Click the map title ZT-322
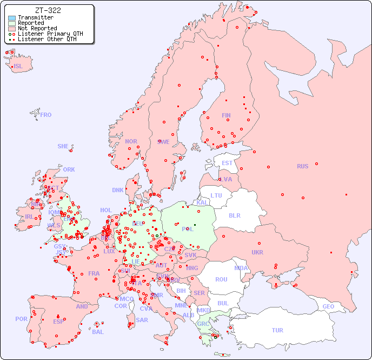tap(48, 10)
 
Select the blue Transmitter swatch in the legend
tap(12, 18)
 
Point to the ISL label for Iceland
tap(18, 67)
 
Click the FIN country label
tap(226, 115)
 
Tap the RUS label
tap(302, 166)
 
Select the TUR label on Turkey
tap(277, 330)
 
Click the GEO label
tap(328, 306)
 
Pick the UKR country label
tap(257, 252)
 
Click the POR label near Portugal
tap(21, 319)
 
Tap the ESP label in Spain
tap(58, 321)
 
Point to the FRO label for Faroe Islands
tap(46, 115)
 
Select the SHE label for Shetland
tap(63, 146)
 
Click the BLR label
tap(234, 215)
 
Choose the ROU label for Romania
tap(221, 279)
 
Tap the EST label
tap(227, 163)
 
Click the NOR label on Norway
tap(131, 141)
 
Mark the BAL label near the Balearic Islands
tap(98, 332)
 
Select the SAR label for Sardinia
tap(142, 320)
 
